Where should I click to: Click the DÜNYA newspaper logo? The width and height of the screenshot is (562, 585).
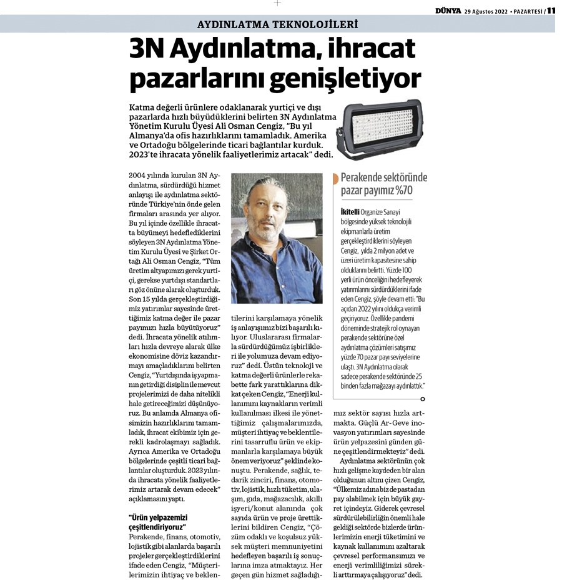[x=449, y=10]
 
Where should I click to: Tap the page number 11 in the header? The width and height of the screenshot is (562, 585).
[x=551, y=10]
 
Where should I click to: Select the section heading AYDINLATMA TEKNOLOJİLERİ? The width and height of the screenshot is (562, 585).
[x=277, y=25]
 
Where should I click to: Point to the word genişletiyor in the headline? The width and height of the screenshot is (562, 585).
[x=350, y=79]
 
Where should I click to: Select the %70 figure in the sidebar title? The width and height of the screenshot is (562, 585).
[x=400, y=191]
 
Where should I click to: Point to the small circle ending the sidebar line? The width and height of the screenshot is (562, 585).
[x=423, y=399]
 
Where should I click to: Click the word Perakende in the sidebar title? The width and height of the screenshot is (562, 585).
[x=365, y=177]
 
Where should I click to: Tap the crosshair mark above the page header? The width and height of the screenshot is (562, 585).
[x=277, y=3]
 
